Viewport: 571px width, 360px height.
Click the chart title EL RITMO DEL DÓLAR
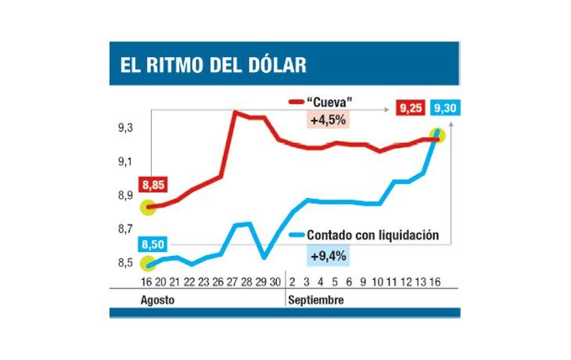click(213, 64)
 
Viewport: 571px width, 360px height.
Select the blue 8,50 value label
click(153, 245)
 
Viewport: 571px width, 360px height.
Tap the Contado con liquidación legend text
click(372, 235)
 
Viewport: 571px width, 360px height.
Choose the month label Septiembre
click(316, 301)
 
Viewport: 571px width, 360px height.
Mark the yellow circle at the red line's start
click(147, 207)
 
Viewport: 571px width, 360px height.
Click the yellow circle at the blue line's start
click(147, 263)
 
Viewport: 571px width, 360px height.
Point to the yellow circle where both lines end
click(437, 135)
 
